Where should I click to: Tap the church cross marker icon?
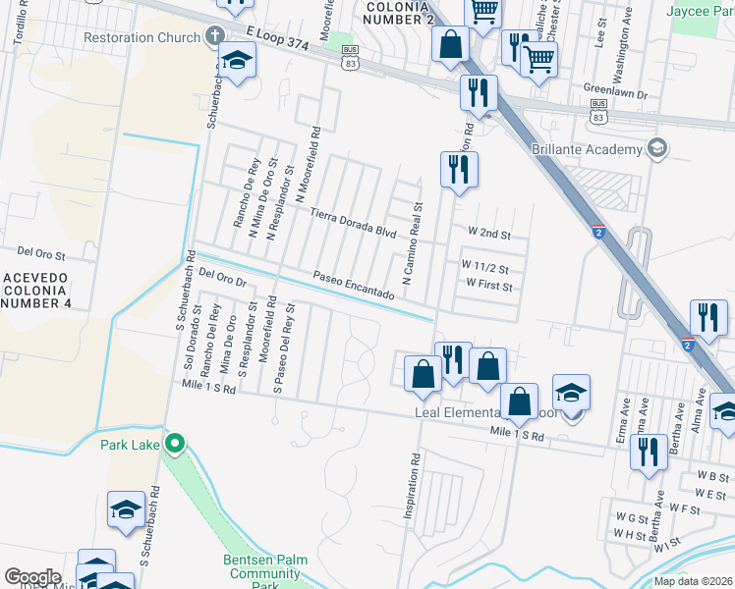pos(215,37)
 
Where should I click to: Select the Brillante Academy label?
pos(586,149)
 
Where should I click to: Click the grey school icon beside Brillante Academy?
pos(657,149)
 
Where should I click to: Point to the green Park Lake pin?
pos(175,445)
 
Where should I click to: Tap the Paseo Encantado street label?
pos(354,286)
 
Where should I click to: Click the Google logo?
pos(32,577)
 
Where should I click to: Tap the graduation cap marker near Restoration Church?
pos(236,62)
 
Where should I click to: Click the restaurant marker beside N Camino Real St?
pos(459,170)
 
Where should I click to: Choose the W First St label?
pos(488,284)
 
